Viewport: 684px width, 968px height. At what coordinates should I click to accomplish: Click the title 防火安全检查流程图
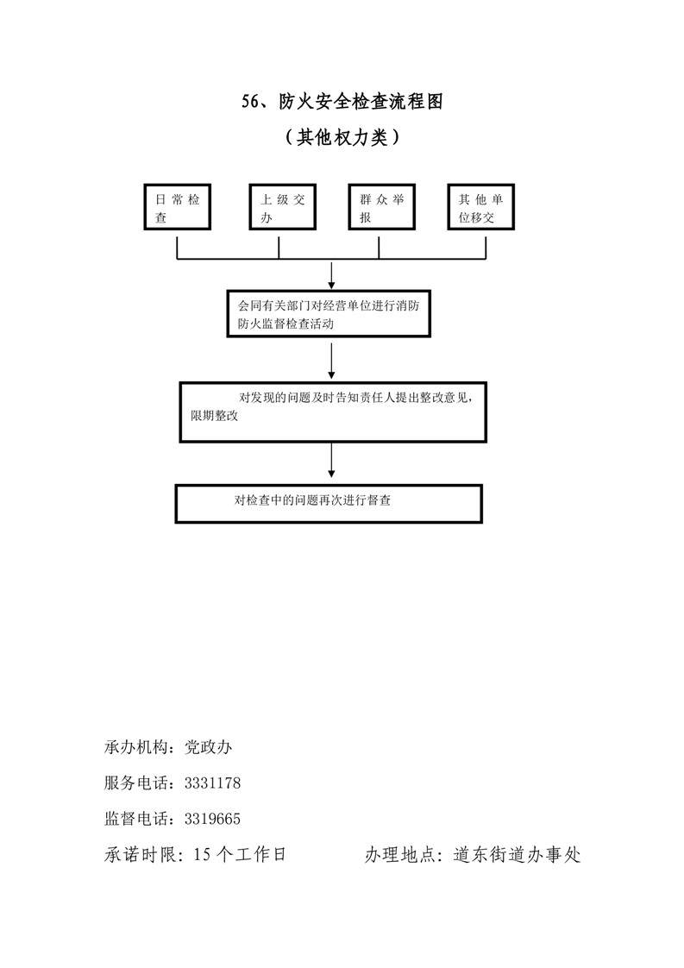pyautogui.click(x=361, y=103)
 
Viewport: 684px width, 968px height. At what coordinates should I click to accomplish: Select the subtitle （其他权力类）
pyautogui.click(x=342, y=137)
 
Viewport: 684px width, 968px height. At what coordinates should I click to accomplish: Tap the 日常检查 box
pyautogui.click(x=177, y=208)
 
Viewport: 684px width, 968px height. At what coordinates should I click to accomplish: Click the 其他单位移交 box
pyautogui.click(x=480, y=208)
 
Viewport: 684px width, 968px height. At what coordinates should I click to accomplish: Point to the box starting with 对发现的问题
pyautogui.click(x=331, y=411)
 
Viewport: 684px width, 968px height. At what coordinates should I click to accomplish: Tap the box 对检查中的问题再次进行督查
pyautogui.click(x=329, y=503)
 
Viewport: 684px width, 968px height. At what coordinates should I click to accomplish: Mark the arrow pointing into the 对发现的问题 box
pyautogui.click(x=332, y=360)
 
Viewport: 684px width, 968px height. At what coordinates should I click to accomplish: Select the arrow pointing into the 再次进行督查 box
pyautogui.click(x=332, y=462)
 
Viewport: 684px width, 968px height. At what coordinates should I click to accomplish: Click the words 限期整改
pyautogui.click(x=214, y=416)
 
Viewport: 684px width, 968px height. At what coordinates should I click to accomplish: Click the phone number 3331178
pyautogui.click(x=212, y=783)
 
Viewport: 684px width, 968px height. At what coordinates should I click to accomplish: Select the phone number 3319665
pyautogui.click(x=212, y=819)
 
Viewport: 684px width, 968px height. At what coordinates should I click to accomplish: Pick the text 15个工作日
pyautogui.click(x=241, y=855)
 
